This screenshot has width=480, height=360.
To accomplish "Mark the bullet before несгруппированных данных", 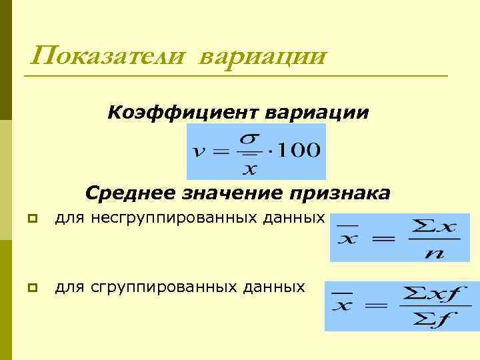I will point(31,218).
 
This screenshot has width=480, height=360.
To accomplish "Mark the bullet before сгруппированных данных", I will point(31,287).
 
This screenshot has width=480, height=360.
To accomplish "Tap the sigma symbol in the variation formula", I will point(248,139).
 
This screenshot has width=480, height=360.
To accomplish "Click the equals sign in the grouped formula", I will point(376,307).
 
